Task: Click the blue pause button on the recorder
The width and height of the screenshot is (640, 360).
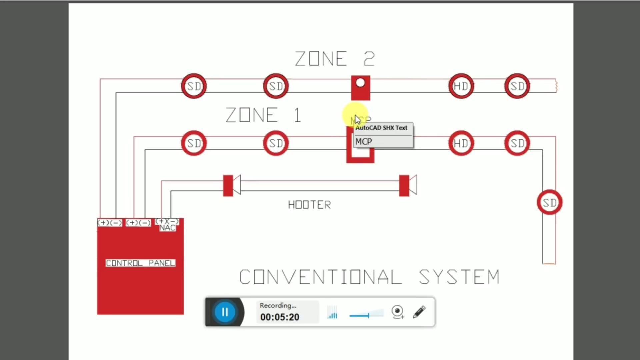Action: [225, 312]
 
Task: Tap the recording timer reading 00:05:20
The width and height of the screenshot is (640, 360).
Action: [280, 317]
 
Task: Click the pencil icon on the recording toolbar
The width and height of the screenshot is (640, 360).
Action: [419, 312]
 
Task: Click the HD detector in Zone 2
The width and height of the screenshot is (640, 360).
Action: [461, 86]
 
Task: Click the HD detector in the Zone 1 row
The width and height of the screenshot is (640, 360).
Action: [461, 143]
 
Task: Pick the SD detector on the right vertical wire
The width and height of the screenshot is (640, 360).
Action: [550, 202]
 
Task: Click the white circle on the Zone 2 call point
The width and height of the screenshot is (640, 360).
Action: [360, 83]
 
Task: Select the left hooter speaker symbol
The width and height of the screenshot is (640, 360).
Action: [232, 185]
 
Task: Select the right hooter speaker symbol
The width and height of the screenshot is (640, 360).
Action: [408, 185]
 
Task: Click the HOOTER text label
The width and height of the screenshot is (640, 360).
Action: [309, 205]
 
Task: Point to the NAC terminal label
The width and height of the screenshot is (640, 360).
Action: [167, 228]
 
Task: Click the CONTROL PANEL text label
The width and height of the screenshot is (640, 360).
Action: [140, 263]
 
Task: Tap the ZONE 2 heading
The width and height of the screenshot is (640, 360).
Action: [335, 59]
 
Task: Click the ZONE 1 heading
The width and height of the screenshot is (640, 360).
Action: [263, 115]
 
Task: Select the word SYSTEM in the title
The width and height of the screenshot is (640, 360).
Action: [459, 277]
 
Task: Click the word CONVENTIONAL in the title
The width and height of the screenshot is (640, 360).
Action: [321, 277]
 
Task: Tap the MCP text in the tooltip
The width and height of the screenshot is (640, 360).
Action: [364, 142]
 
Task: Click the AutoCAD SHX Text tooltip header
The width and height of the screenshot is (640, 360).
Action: [381, 128]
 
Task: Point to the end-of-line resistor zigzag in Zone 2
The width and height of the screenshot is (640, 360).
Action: [556, 86]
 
